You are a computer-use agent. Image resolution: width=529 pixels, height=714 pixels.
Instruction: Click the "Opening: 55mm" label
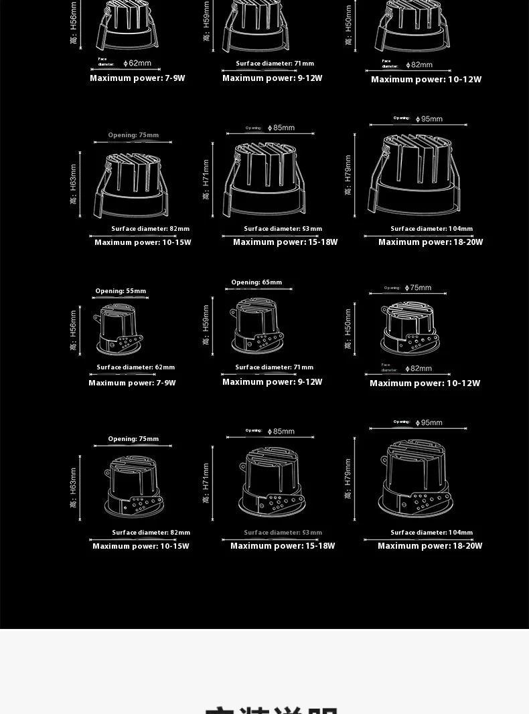point(121,291)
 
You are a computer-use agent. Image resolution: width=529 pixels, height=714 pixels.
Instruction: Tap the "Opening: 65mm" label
point(256,282)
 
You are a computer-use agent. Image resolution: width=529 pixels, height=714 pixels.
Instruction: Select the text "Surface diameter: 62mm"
point(135,367)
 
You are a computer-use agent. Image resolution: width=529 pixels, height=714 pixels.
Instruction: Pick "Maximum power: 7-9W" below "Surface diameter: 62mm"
point(132,383)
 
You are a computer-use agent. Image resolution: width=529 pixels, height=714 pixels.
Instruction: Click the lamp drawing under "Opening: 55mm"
point(121,329)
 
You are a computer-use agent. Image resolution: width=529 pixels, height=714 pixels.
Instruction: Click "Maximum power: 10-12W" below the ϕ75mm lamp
point(425,383)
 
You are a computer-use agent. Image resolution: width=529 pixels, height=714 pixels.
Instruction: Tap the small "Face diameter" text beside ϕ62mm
point(106,62)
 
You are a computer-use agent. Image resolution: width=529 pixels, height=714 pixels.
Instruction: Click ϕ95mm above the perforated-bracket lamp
point(429,423)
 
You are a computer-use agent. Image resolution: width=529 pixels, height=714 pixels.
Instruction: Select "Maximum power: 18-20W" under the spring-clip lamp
point(430,242)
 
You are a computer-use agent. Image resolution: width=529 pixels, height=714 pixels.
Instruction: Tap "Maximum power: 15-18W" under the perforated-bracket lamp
point(282,546)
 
